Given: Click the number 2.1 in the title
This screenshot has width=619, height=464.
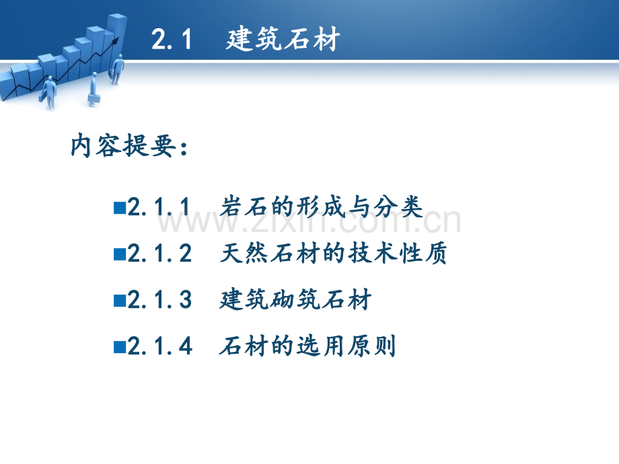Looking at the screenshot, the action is (x=172, y=40).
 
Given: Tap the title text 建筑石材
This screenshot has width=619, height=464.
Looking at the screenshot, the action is (x=283, y=39).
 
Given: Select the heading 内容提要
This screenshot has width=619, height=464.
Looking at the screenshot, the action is (x=122, y=146).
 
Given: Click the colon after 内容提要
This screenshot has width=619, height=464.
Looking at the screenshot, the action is (x=184, y=148).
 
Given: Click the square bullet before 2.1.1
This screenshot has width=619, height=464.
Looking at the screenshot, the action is (x=120, y=208).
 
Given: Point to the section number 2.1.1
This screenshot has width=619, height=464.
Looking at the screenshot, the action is (x=159, y=206).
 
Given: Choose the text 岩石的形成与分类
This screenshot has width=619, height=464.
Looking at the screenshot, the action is (x=321, y=206).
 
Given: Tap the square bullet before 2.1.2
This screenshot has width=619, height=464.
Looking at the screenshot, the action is (x=120, y=254).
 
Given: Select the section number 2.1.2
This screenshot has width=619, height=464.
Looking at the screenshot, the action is (x=159, y=254).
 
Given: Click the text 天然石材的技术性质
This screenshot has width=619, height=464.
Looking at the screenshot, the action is (x=334, y=253).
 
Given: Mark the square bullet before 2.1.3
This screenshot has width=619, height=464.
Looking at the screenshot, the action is (x=120, y=301).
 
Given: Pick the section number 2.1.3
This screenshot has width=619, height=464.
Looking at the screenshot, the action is (x=159, y=300).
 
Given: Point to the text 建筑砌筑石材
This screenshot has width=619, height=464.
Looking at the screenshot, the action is (x=295, y=299).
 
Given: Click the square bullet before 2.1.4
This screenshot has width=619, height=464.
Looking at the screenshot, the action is (x=120, y=347).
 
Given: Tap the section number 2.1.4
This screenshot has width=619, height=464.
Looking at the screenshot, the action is (x=159, y=346).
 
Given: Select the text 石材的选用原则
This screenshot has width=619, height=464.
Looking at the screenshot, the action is (x=307, y=346).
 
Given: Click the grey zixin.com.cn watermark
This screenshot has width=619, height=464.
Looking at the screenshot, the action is (x=309, y=222).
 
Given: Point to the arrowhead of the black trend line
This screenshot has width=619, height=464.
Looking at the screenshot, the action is (x=115, y=40).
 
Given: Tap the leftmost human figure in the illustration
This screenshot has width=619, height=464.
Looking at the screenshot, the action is (x=49, y=92).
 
